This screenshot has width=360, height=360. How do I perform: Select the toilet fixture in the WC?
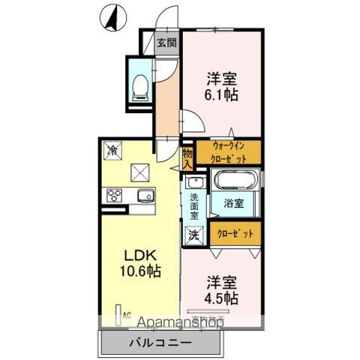(x=139, y=88)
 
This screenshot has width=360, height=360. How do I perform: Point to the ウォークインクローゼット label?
(x=228, y=152)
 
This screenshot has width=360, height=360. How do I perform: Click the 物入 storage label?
(x=187, y=156)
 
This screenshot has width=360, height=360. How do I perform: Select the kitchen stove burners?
(x=115, y=196)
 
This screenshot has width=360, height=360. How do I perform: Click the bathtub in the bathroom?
(x=235, y=181)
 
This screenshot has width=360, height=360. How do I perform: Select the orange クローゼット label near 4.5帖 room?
(x=235, y=232)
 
